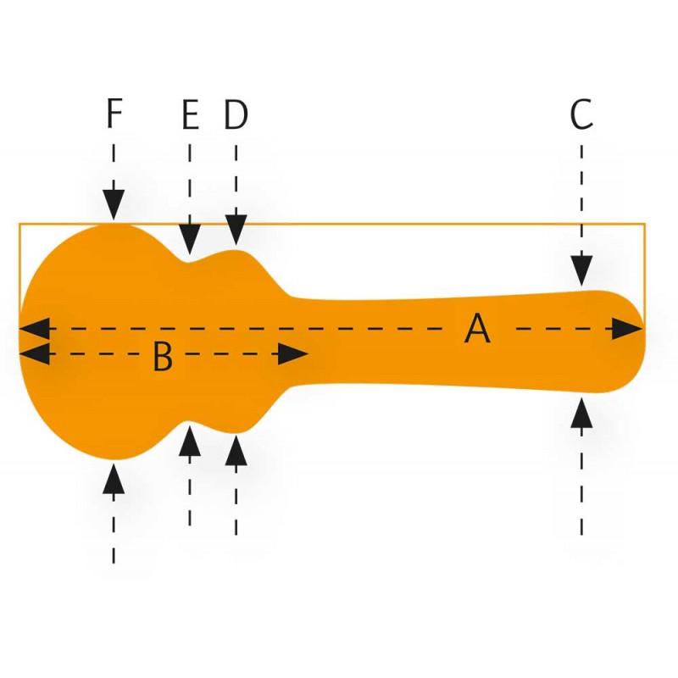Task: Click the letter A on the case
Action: (477, 328)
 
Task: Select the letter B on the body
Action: (163, 358)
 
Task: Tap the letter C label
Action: (581, 116)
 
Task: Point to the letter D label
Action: (236, 115)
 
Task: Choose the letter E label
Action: (190, 115)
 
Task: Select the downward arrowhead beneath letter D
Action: (236, 231)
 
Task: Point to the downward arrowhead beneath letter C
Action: (581, 271)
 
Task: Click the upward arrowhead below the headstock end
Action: (581, 413)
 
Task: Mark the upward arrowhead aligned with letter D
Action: (236, 448)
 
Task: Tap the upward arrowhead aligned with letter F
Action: (114, 479)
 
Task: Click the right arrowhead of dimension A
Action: (627, 329)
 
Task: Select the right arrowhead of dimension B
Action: (293, 354)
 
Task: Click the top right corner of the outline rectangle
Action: (645, 224)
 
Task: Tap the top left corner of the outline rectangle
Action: (19, 224)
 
